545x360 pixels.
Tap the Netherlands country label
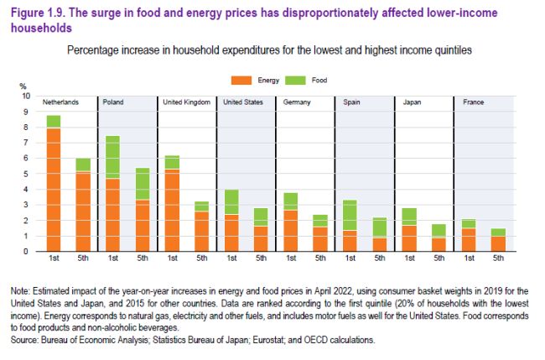pyautogui.click(x=60, y=102)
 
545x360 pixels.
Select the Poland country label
pyautogui.click(x=113, y=102)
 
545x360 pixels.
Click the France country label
pyautogui.click(x=474, y=102)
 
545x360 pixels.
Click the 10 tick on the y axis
pyautogui.click(x=24, y=97)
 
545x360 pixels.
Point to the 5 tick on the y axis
pyautogui.click(x=26, y=174)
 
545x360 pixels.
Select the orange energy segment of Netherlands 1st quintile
pyautogui.click(x=54, y=189)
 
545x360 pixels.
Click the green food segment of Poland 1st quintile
pyautogui.click(x=113, y=157)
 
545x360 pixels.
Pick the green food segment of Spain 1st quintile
pyautogui.click(x=350, y=215)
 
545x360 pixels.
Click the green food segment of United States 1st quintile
pyautogui.click(x=231, y=201)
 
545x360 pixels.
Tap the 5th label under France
pyautogui.click(x=499, y=258)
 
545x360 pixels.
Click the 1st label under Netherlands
pyautogui.click(x=54, y=258)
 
